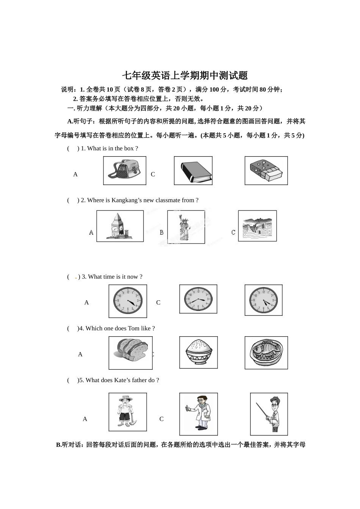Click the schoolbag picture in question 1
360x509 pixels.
(x=125, y=170)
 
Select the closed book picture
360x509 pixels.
(x=193, y=171)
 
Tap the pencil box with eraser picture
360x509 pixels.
(x=266, y=171)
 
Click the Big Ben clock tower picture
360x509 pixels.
(x=120, y=226)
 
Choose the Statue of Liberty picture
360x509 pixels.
(x=186, y=227)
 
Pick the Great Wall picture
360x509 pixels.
(x=257, y=226)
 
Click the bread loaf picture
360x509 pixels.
(x=130, y=353)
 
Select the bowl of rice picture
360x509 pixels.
(x=198, y=352)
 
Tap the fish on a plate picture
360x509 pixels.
(x=266, y=353)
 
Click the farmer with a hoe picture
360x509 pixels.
(x=127, y=412)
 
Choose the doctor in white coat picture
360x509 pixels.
(x=199, y=414)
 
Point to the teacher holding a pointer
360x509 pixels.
(x=269, y=414)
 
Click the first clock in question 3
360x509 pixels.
(x=128, y=301)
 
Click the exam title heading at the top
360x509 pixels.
(x=185, y=75)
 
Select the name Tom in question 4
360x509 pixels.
(x=133, y=328)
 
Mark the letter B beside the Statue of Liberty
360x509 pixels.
(x=162, y=232)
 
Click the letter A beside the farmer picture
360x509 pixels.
(x=85, y=419)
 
